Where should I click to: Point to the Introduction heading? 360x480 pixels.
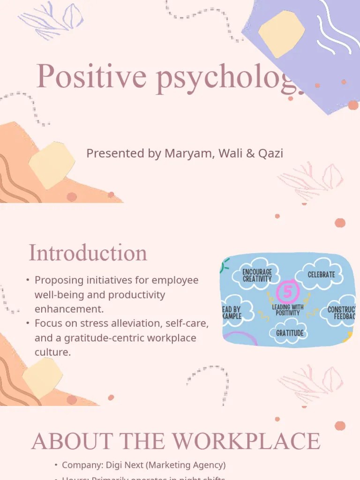point(88,253)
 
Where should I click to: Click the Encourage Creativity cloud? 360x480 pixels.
point(257,275)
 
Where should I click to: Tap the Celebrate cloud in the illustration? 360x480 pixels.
point(322,274)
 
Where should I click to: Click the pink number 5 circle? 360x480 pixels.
point(288,292)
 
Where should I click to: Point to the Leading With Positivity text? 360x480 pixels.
point(288,310)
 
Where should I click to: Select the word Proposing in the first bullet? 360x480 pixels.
point(58,280)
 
